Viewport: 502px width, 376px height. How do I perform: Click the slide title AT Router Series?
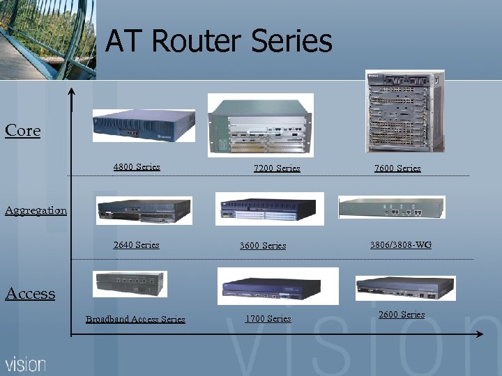click(x=219, y=42)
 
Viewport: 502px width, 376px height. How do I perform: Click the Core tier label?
click(x=23, y=130)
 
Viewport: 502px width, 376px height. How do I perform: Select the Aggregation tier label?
click(x=36, y=210)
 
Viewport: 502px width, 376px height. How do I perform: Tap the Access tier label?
click(x=30, y=293)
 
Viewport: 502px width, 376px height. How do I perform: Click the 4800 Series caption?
click(x=137, y=166)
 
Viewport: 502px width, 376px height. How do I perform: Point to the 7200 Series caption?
click(x=277, y=168)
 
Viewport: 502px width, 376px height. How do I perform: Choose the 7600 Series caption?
click(x=397, y=168)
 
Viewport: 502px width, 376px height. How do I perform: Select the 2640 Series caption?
click(x=137, y=244)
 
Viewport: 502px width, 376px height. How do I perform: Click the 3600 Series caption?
click(x=263, y=245)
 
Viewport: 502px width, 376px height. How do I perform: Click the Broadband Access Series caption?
click(x=135, y=319)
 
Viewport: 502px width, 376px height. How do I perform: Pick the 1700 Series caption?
click(x=268, y=318)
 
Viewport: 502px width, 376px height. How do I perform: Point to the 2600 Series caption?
click(x=402, y=314)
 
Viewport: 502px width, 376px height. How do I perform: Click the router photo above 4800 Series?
click(x=142, y=125)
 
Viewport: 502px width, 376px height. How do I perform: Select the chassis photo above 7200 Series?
click(x=261, y=125)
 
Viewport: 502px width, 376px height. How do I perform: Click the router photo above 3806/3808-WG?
click(x=390, y=207)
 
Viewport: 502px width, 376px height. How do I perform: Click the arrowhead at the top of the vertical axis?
click(x=70, y=92)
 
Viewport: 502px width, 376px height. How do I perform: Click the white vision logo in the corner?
click(x=26, y=363)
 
